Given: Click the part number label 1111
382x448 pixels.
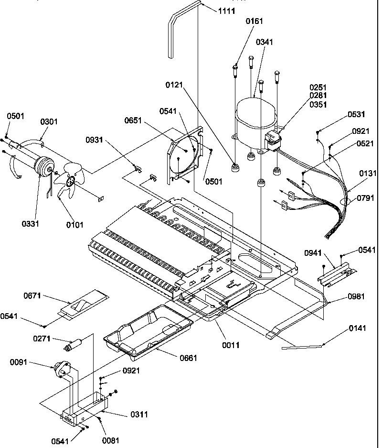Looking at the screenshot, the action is [227, 11].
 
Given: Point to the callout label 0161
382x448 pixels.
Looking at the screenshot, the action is [254, 21].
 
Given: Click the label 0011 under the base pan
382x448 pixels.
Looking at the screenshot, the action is [230, 345].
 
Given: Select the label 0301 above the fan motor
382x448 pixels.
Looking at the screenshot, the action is [49, 122].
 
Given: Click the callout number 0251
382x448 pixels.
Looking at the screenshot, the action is [318, 87].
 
